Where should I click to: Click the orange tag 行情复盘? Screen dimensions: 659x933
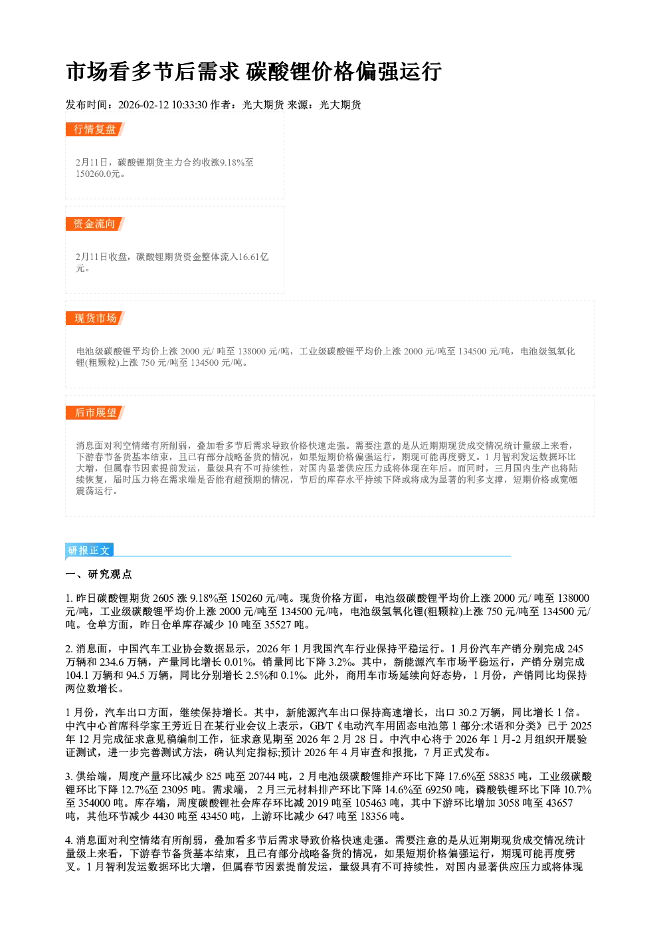tap(95, 129)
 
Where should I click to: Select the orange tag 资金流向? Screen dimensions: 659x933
tap(95, 223)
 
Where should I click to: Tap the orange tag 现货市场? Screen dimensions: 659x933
tap(95, 319)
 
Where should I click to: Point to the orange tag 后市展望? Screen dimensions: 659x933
tap(95, 413)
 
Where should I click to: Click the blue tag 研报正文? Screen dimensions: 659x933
tap(89, 550)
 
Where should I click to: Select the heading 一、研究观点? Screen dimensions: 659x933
tap(98, 575)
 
